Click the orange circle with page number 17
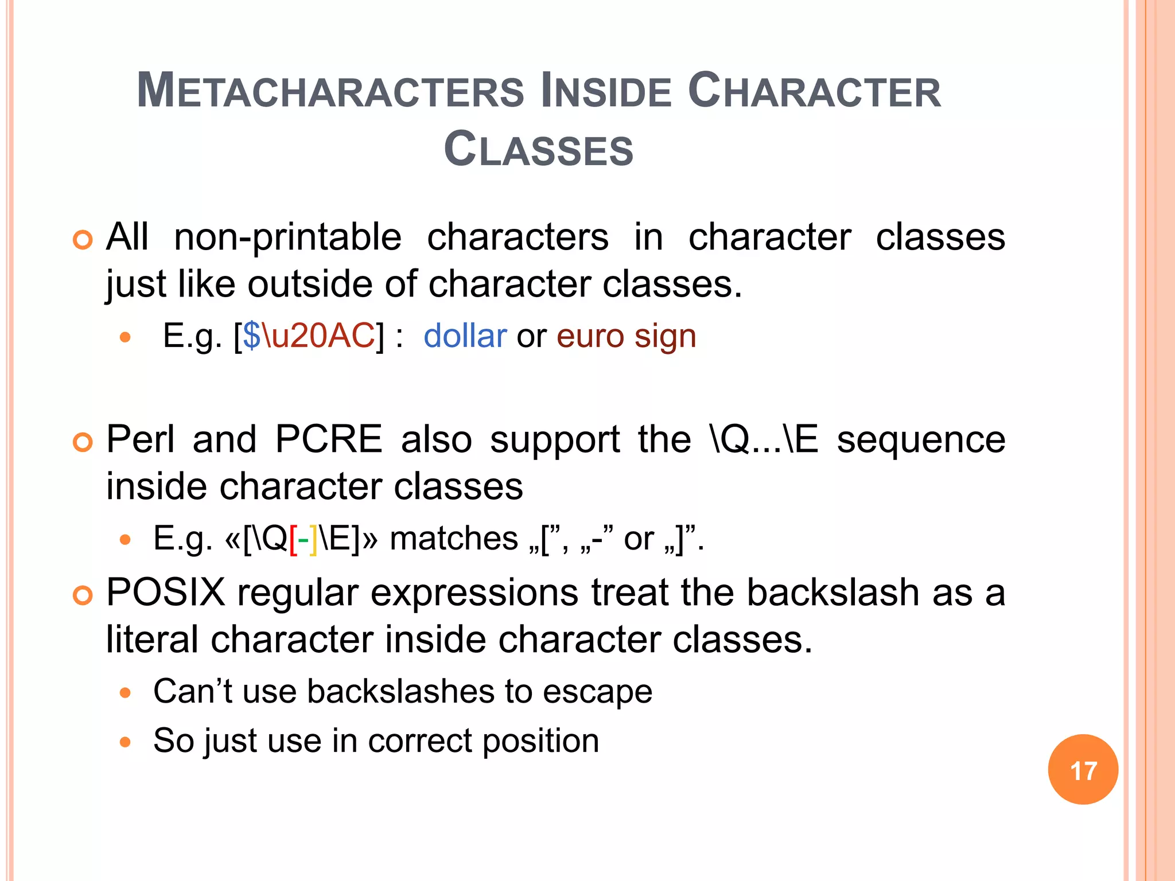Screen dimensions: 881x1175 point(1083,770)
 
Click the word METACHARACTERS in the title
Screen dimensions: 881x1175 point(330,92)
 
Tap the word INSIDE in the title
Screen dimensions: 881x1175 point(606,92)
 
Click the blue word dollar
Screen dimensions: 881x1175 point(465,336)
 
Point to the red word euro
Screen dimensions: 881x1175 point(590,336)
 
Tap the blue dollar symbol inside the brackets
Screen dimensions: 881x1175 point(251,336)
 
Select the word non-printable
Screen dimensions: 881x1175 point(287,237)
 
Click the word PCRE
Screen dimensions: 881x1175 point(329,440)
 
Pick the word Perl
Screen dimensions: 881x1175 point(141,440)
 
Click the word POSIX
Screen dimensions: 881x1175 point(166,592)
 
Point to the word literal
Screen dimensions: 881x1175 point(152,640)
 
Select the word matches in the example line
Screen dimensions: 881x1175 point(454,539)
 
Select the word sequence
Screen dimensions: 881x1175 point(921,440)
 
